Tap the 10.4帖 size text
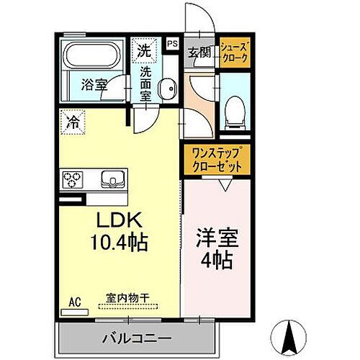tap(118, 243)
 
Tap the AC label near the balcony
tap(76, 303)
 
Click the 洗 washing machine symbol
tap(144, 51)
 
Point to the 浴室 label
tap(94, 84)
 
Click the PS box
tap(172, 43)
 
